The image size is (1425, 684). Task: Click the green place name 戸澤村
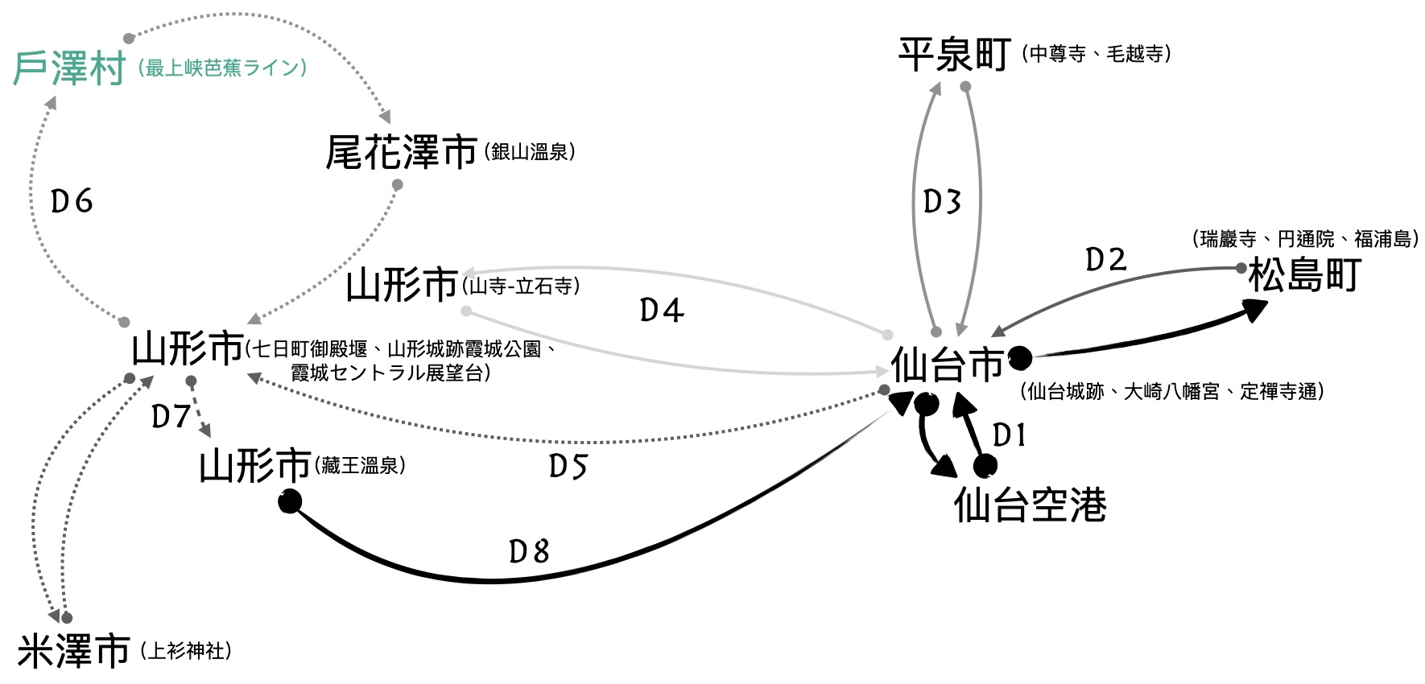click(69, 68)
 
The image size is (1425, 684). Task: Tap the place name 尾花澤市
click(401, 152)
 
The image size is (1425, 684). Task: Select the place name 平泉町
click(955, 55)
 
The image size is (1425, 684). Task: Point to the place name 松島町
click(1304, 275)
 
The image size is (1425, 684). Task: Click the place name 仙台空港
click(1030, 505)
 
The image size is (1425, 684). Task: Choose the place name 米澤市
click(73, 650)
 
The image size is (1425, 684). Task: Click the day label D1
click(1010, 435)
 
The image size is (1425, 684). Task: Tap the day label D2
click(1106, 260)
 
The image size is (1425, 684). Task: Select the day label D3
click(942, 201)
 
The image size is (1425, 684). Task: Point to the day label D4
click(662, 310)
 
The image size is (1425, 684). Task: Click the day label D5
click(568, 466)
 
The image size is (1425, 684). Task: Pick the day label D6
click(72, 201)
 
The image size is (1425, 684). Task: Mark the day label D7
click(171, 416)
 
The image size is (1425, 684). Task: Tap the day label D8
click(529, 552)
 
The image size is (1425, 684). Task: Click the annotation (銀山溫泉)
click(530, 152)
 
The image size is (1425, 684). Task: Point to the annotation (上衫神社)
click(186, 650)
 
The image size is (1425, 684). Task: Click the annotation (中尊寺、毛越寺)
click(1096, 54)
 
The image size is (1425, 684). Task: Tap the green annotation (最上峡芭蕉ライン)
click(222, 68)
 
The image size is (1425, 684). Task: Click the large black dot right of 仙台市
click(1020, 357)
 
